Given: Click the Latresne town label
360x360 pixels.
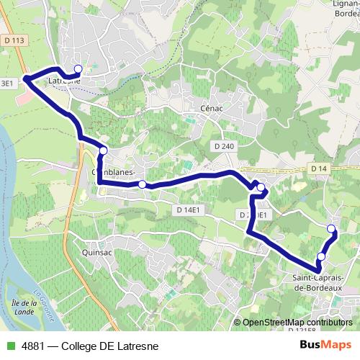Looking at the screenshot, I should tap(63, 81).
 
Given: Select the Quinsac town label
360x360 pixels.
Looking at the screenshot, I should tap(98, 253).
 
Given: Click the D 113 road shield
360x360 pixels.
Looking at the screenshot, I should tap(14, 40).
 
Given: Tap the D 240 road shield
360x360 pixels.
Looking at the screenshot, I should tap(224, 146).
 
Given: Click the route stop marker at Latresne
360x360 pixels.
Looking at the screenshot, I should tap(78, 69).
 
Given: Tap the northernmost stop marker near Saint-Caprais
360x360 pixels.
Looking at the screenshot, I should tap(331, 229).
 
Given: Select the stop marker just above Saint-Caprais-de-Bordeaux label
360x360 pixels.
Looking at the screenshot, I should tap(321, 256).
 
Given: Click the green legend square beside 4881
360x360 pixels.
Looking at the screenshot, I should tap(9, 346).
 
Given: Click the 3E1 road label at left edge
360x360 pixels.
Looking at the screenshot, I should tap(7, 84).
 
